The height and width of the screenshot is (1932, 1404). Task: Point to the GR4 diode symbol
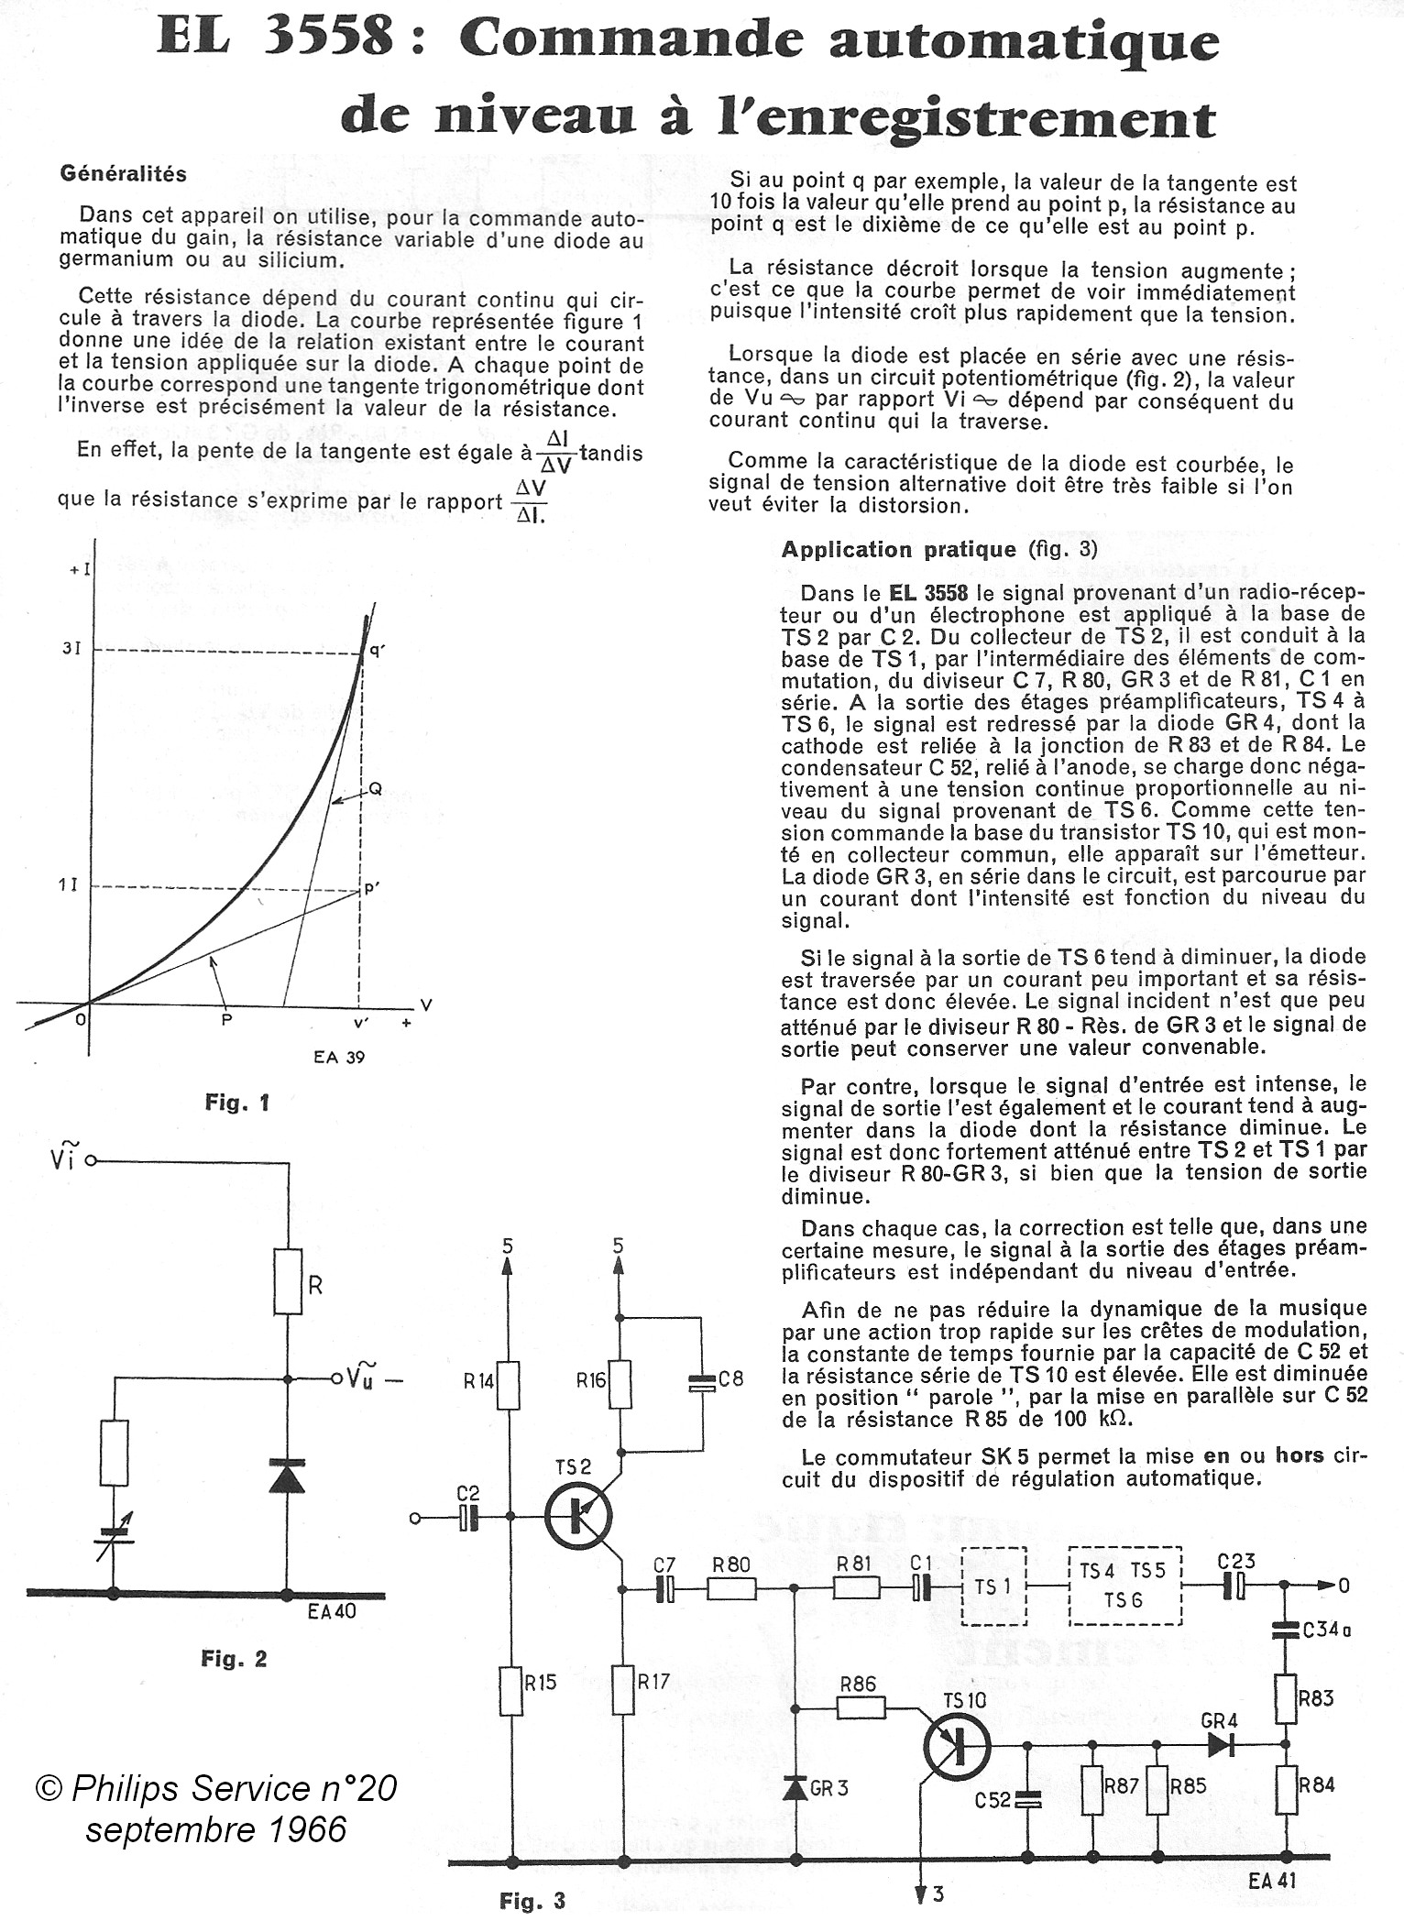[1220, 1745]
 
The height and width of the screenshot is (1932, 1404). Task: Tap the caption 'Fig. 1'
[237, 1103]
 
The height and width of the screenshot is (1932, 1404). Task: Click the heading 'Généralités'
[123, 173]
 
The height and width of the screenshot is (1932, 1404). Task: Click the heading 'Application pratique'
[898, 549]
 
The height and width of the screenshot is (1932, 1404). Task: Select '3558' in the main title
[325, 41]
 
